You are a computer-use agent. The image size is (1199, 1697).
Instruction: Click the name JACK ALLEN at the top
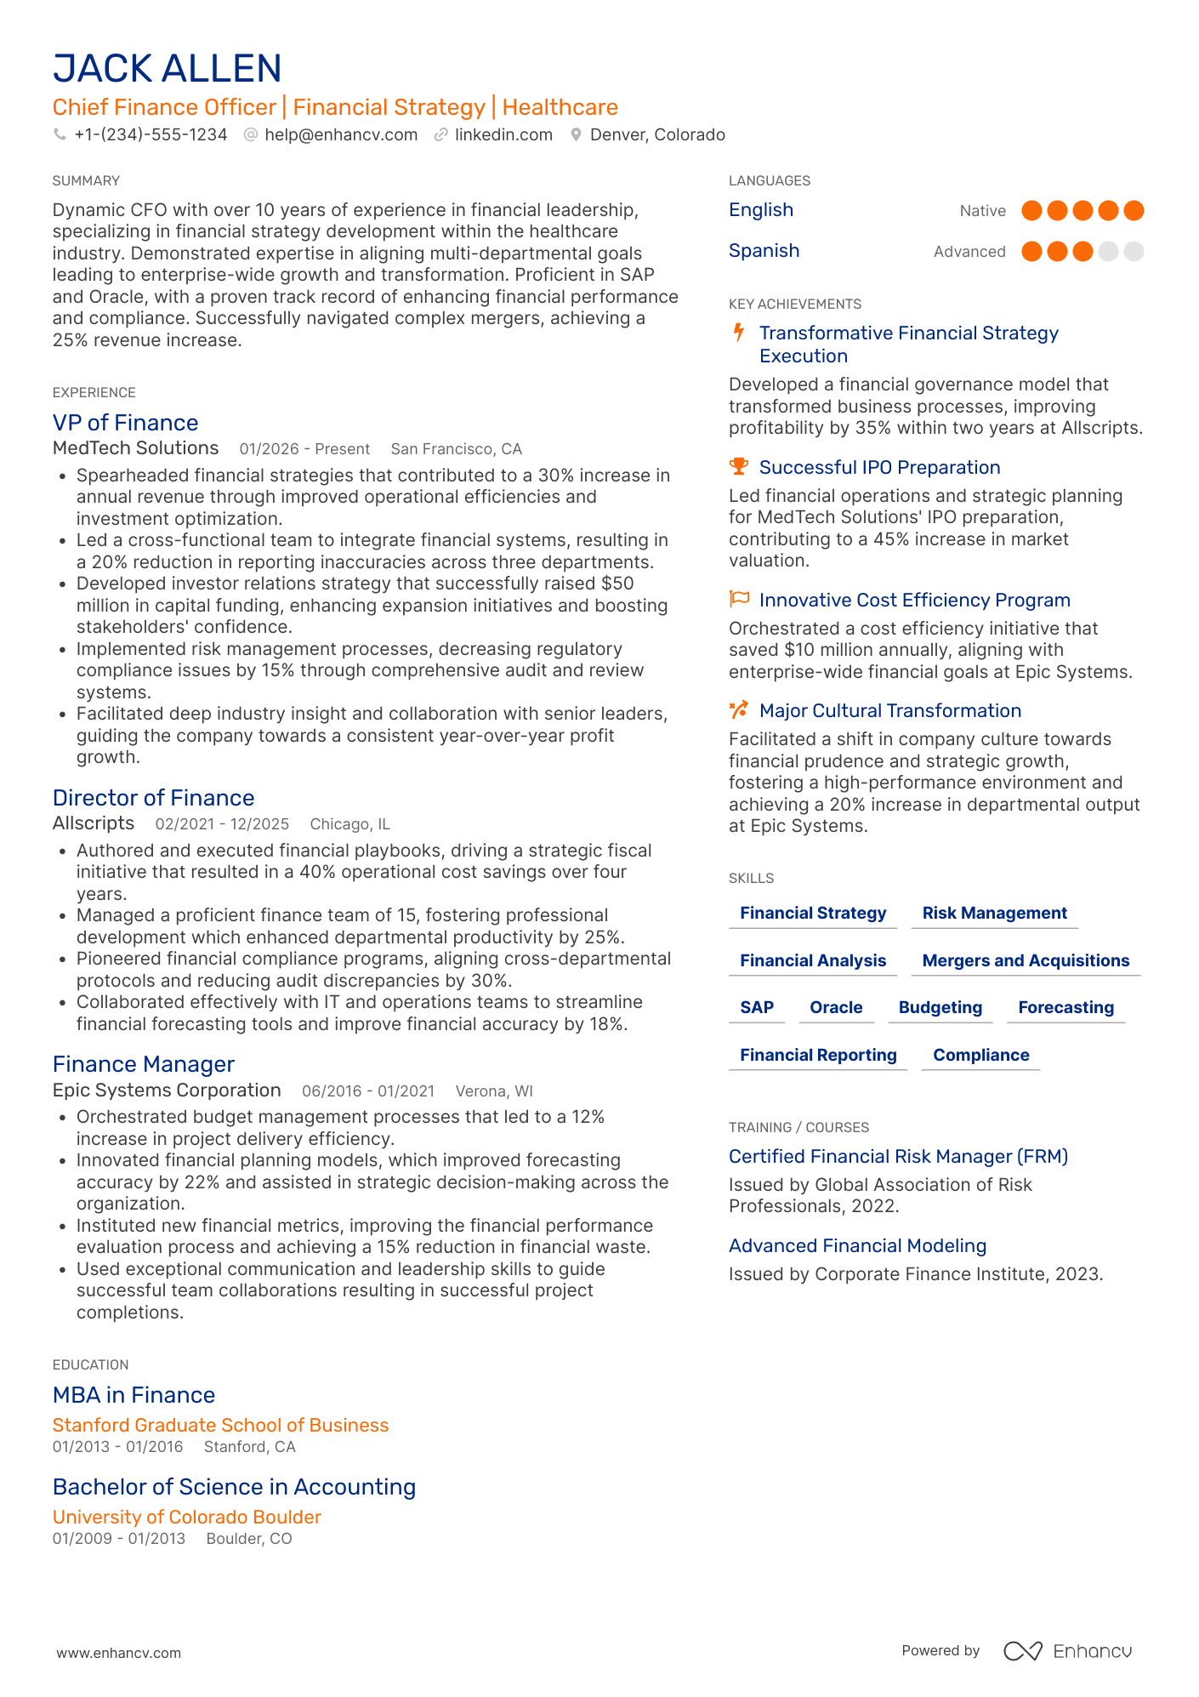tap(167, 69)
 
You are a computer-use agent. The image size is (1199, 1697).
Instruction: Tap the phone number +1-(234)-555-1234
tap(151, 135)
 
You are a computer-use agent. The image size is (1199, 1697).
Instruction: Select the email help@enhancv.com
tap(340, 135)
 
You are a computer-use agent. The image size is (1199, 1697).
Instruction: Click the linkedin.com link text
tap(503, 135)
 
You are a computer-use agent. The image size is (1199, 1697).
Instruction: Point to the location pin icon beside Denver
tap(576, 135)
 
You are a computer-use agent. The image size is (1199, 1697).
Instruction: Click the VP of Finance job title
tap(125, 423)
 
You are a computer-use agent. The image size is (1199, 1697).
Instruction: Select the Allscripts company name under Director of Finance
tap(94, 823)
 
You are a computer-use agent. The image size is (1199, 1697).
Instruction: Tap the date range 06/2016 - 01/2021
tap(368, 1091)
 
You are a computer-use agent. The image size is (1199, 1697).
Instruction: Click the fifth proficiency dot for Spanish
tap(1134, 252)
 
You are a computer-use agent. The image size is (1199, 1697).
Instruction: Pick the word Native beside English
tap(982, 211)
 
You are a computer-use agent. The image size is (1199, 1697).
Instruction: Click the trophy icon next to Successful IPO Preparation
tap(739, 467)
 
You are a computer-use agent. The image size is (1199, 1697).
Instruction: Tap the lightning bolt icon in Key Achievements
tap(739, 333)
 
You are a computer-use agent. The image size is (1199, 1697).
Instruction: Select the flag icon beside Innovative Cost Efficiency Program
tap(739, 600)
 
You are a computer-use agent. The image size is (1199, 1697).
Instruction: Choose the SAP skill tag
tap(757, 1008)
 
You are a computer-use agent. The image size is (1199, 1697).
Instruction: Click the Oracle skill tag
tap(836, 1008)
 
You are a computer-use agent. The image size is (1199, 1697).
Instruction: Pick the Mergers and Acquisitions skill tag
tap(1026, 961)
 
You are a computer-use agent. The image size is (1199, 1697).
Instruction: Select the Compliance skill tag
tap(980, 1056)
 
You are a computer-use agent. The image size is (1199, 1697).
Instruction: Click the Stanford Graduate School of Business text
tap(220, 1426)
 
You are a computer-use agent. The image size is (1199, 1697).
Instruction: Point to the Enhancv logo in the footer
tap(1067, 1651)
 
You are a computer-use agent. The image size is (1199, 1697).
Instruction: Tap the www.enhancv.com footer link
tap(119, 1653)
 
